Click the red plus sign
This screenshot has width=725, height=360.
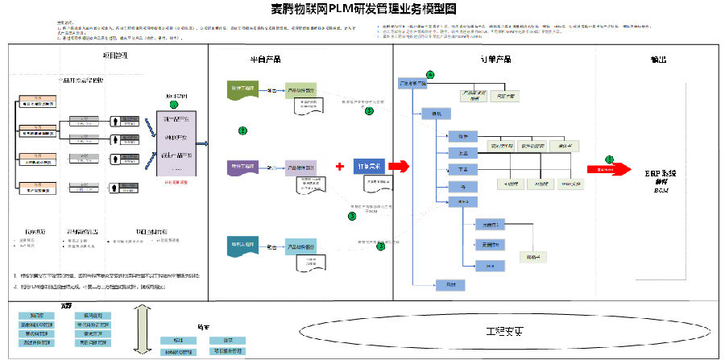click(340, 167)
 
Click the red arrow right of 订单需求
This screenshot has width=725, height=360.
click(400, 166)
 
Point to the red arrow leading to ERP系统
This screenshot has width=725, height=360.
click(610, 168)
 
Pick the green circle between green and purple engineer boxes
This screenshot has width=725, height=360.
click(243, 130)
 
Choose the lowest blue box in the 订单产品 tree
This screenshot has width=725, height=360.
click(445, 283)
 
